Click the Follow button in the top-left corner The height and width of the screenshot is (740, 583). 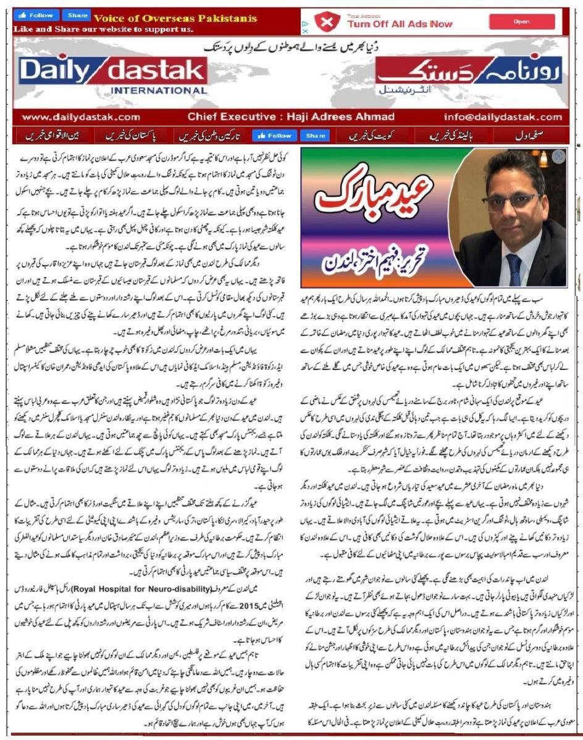tap(37, 15)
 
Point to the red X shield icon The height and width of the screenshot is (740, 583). tap(327, 22)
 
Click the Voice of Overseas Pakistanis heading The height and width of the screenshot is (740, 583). tap(175, 18)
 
